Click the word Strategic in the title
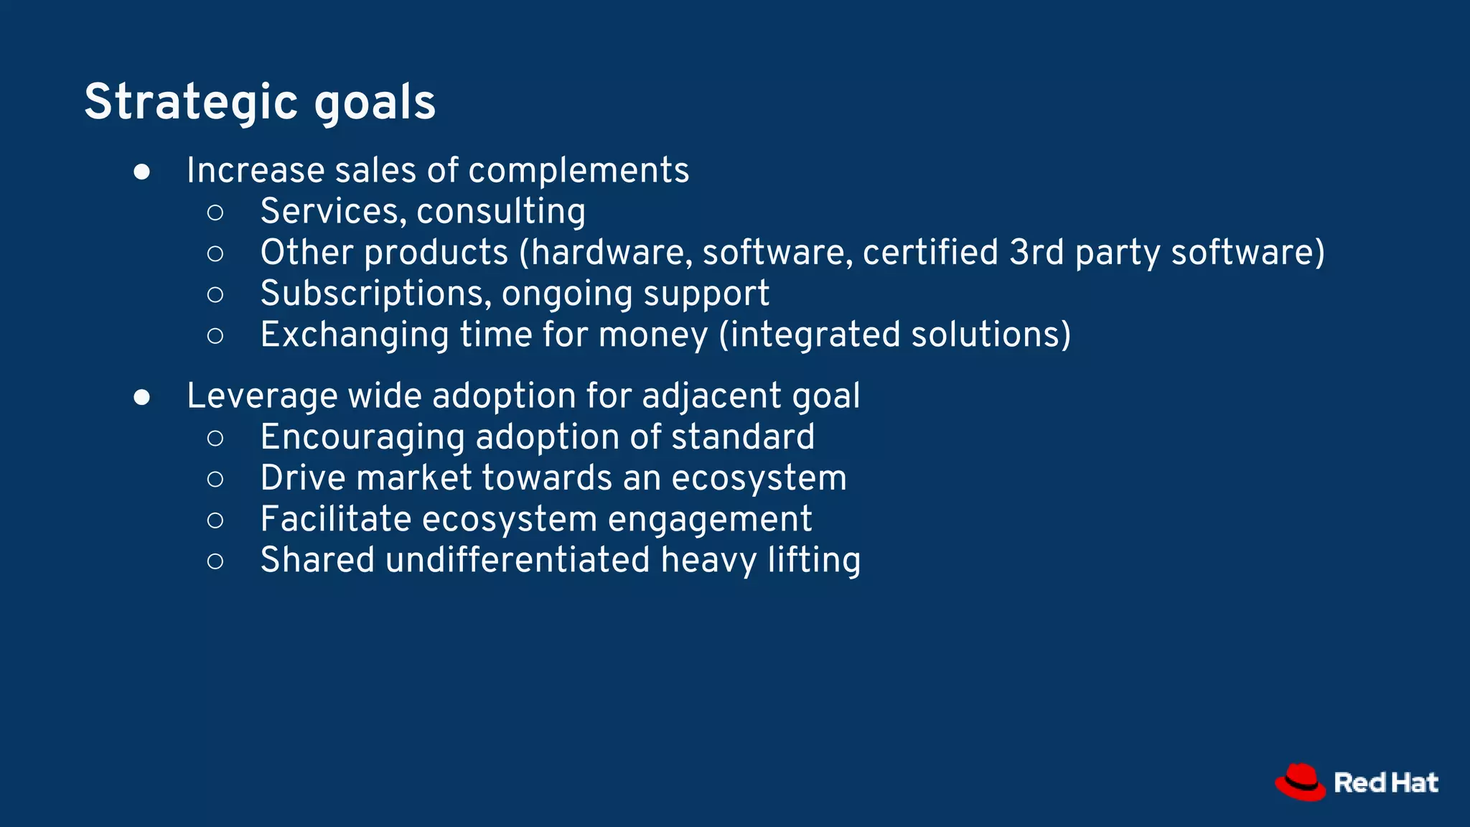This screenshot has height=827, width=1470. [190, 102]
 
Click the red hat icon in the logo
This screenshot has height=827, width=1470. [1300, 782]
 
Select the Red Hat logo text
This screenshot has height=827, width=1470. [1385, 783]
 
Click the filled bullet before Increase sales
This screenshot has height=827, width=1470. [142, 172]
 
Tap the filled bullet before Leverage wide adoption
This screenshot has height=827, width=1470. [142, 398]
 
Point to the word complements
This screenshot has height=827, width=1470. [579, 172]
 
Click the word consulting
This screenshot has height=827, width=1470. [500, 212]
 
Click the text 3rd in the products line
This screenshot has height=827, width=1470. [1036, 253]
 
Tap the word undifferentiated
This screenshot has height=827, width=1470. [517, 560]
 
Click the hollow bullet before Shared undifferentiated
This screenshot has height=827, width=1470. [215, 561]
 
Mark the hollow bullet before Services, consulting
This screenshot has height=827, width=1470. [215, 212]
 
